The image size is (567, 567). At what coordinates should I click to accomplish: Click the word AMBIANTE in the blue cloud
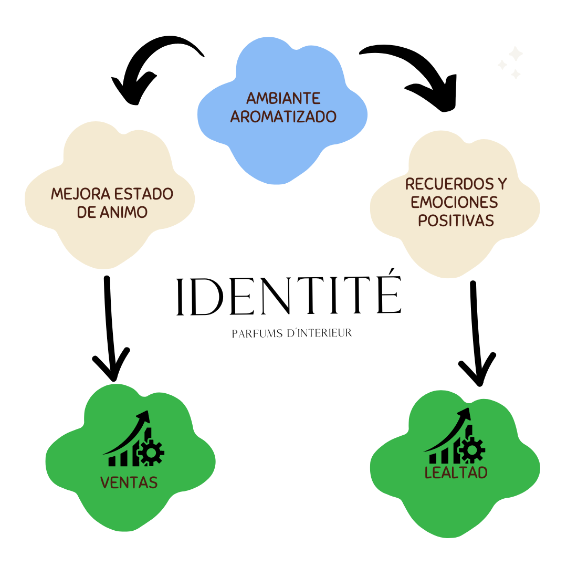coord(283,98)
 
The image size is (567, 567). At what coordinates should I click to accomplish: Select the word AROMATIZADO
coord(283,117)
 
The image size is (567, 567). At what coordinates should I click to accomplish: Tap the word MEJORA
coord(79,194)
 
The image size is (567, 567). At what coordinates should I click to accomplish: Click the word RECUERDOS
coord(449,184)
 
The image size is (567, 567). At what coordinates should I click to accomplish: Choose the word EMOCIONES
coord(454,202)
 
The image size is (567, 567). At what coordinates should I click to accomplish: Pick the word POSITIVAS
coord(456,220)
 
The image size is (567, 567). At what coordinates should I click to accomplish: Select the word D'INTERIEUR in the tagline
coord(320,333)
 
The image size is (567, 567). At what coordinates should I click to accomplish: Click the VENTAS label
coord(129,482)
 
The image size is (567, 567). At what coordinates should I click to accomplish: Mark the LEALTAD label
coord(456,472)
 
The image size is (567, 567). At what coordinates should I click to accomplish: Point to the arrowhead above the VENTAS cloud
coord(111,365)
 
